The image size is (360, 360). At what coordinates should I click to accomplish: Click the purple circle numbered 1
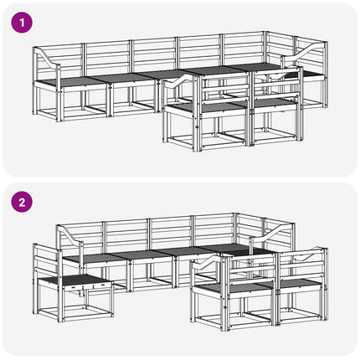click(x=22, y=23)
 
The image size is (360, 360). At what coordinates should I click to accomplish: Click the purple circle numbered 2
click(x=22, y=202)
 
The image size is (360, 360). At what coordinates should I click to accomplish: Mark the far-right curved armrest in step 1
click(x=304, y=51)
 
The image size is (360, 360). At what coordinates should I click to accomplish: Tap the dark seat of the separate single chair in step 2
click(x=75, y=280)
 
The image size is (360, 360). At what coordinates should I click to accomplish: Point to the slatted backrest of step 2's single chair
click(x=46, y=262)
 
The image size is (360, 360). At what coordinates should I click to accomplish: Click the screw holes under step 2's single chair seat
click(x=87, y=286)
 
